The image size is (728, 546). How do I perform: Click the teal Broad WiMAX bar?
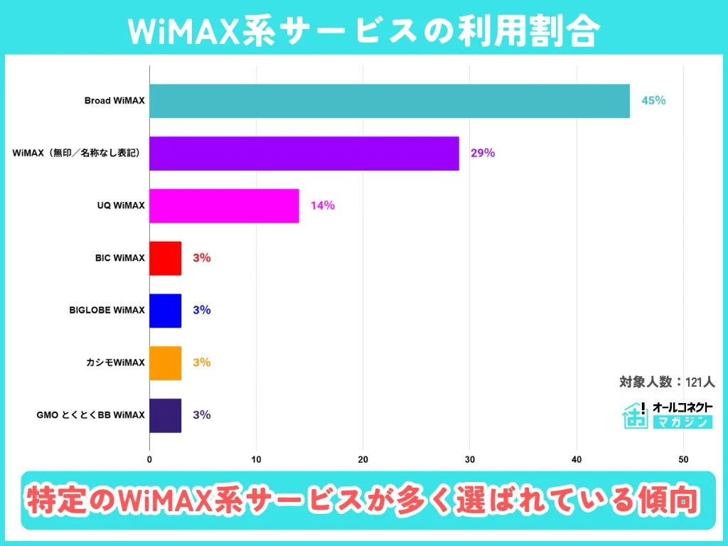tap(389, 101)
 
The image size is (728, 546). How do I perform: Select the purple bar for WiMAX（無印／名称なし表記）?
tap(304, 153)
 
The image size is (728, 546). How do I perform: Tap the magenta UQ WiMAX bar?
tap(224, 205)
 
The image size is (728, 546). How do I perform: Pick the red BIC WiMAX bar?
tap(165, 258)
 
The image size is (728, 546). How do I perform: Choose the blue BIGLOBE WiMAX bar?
tap(165, 310)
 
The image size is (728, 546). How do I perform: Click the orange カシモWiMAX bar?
tap(165, 363)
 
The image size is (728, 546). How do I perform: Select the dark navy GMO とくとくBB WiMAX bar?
tap(165, 415)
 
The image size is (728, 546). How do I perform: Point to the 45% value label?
tap(653, 101)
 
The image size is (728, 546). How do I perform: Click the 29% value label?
tap(482, 153)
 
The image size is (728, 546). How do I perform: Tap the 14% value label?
tap(322, 205)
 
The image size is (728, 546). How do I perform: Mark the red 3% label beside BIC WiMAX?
tap(202, 258)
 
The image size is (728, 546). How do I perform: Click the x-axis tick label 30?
tap(469, 459)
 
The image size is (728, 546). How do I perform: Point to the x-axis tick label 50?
tap(683, 459)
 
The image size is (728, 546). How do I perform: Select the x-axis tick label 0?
tap(149, 459)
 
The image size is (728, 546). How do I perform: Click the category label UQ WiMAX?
tap(122, 205)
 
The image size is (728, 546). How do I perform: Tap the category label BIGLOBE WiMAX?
tap(107, 310)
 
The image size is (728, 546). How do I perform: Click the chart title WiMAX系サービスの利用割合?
tap(364, 31)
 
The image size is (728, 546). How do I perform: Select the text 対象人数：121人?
tap(666, 382)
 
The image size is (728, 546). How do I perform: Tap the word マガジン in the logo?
tap(682, 422)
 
